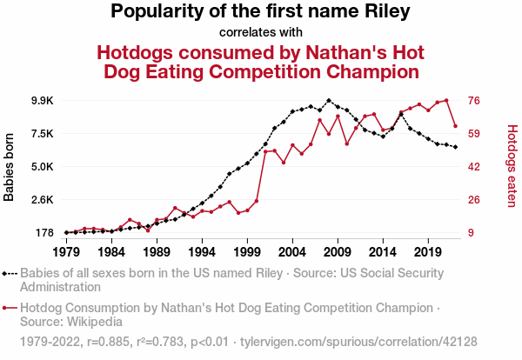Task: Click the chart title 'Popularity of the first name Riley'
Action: pyautogui.click(x=260, y=12)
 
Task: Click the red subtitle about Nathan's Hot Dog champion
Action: pyautogui.click(x=260, y=60)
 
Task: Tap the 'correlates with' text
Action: pyautogui.click(x=260, y=33)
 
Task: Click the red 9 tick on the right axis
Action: pyautogui.click(x=472, y=233)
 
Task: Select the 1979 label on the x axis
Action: pyautogui.click(x=66, y=252)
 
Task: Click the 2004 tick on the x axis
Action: pyautogui.click(x=292, y=252)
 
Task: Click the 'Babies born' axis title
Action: pyautogui.click(x=10, y=167)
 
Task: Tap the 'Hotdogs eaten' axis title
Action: pyautogui.click(x=512, y=167)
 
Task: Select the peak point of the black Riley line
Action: pyautogui.click(x=329, y=100)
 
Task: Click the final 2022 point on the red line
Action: pyautogui.click(x=455, y=127)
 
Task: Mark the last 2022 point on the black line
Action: pyautogui.click(x=455, y=147)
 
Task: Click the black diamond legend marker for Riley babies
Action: pyautogui.click(x=8, y=272)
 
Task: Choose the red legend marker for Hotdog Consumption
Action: pyautogui.click(x=8, y=308)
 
